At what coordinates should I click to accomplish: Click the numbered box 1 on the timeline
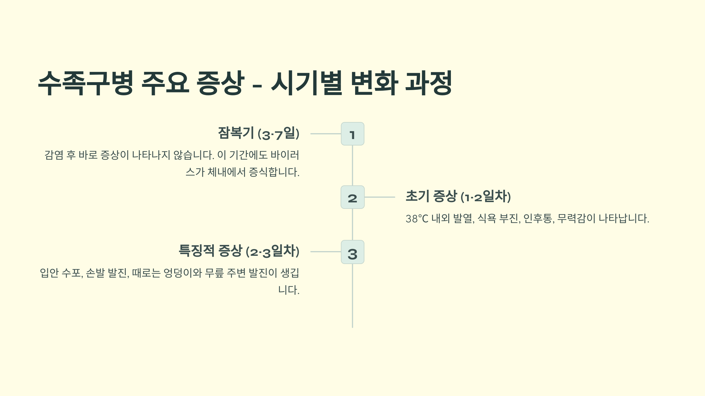352,134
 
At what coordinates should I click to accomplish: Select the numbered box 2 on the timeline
352,197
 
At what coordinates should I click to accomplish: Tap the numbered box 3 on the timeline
352,252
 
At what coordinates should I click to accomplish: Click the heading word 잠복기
236,133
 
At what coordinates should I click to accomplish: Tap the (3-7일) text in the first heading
278,134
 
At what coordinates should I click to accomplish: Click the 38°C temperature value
417,219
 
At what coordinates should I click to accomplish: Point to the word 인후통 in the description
538,219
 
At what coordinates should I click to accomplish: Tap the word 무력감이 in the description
576,219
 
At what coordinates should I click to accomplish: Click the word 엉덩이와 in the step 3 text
182,273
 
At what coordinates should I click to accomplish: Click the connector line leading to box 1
325,134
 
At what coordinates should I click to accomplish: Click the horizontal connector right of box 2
380,197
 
